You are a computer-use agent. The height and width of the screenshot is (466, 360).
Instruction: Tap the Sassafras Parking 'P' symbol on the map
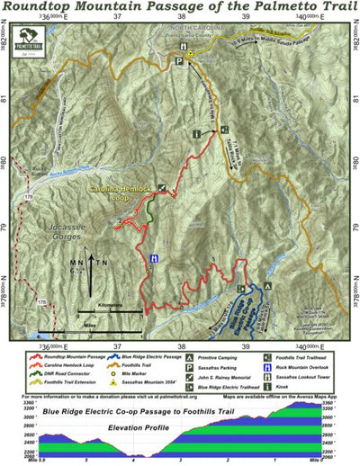[178, 61]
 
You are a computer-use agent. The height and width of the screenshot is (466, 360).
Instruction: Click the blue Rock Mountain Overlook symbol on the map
[155, 257]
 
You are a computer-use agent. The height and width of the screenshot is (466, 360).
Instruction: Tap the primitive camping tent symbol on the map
[265, 284]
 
